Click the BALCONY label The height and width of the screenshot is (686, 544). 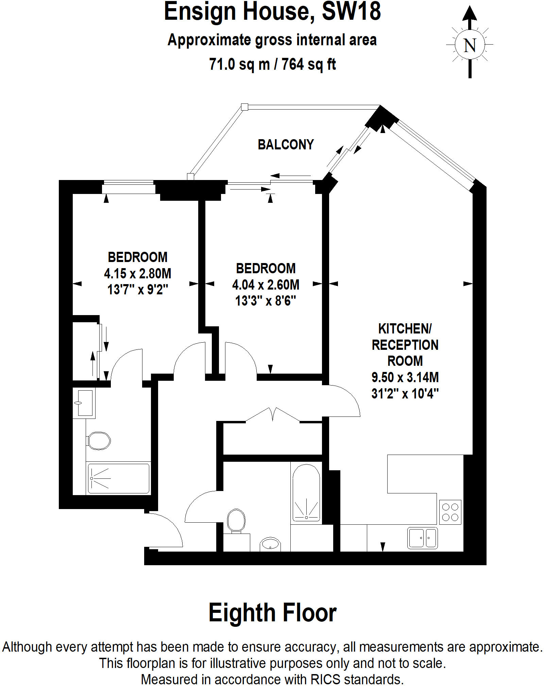(x=286, y=145)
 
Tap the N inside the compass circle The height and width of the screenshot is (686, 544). (x=470, y=45)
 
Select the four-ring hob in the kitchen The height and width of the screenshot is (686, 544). (x=450, y=512)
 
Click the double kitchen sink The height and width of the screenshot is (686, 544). (x=422, y=538)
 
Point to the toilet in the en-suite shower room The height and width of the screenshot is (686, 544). (x=98, y=441)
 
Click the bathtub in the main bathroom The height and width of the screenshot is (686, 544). (x=306, y=493)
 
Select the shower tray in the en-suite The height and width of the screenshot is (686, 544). (x=118, y=478)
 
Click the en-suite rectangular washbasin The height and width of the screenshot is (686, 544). (x=84, y=403)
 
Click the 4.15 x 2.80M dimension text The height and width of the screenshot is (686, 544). (x=137, y=274)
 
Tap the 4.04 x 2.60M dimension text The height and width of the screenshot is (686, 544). (x=266, y=285)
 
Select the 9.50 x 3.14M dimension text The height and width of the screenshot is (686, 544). (x=405, y=377)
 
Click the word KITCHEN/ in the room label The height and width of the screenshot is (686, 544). (x=405, y=329)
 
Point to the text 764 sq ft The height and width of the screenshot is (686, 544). (x=309, y=64)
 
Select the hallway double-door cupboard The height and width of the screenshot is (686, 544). (x=272, y=438)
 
